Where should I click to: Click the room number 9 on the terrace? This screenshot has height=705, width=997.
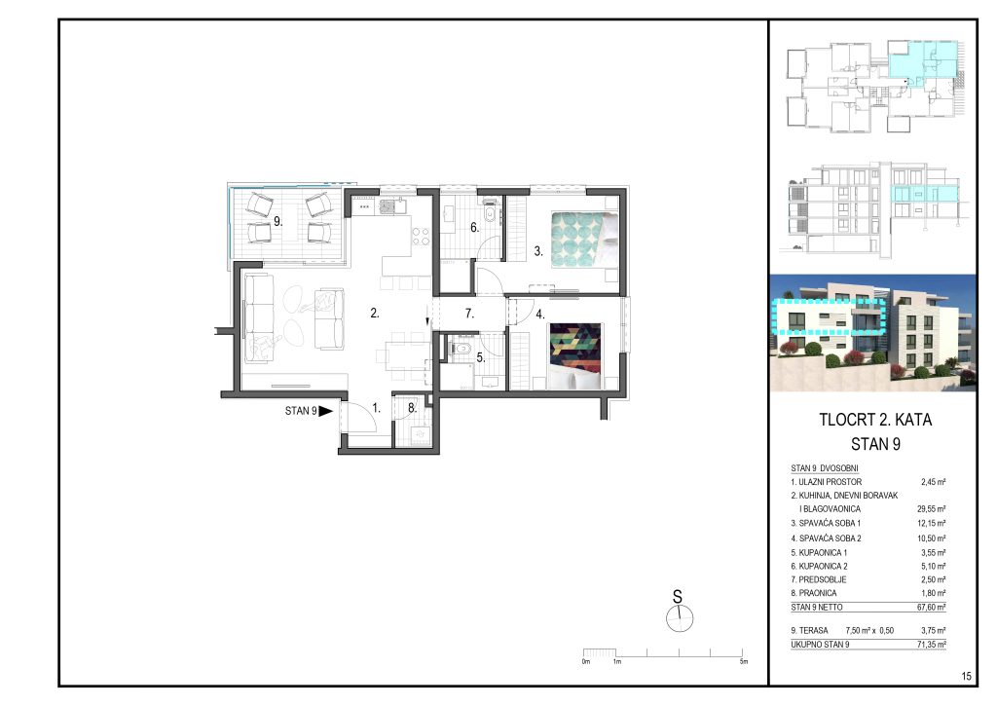[x=277, y=222]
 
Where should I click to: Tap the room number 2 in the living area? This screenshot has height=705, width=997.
[x=375, y=313]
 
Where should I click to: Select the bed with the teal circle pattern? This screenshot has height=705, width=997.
[x=584, y=240]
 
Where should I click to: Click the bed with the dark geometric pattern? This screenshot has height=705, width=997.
[x=575, y=356]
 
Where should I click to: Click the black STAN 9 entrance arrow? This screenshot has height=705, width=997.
[x=325, y=411]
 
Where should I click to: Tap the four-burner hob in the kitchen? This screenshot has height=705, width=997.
[x=421, y=237]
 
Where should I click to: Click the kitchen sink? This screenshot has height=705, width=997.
[x=389, y=206]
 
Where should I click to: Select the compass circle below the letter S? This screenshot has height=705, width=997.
[x=680, y=618]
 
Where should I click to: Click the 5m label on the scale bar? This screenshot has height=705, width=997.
[x=743, y=662]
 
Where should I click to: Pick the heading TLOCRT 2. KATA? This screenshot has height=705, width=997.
[x=875, y=420]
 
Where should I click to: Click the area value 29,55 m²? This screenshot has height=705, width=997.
[x=932, y=508]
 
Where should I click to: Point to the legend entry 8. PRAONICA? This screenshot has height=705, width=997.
[x=814, y=593]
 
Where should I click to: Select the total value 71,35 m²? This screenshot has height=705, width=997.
[x=932, y=645]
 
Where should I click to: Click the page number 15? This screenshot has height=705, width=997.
[x=967, y=677]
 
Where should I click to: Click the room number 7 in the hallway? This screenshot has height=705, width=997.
[x=469, y=314]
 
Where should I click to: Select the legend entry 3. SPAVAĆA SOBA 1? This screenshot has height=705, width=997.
[x=826, y=523]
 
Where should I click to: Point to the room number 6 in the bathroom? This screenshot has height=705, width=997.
[x=474, y=227]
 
